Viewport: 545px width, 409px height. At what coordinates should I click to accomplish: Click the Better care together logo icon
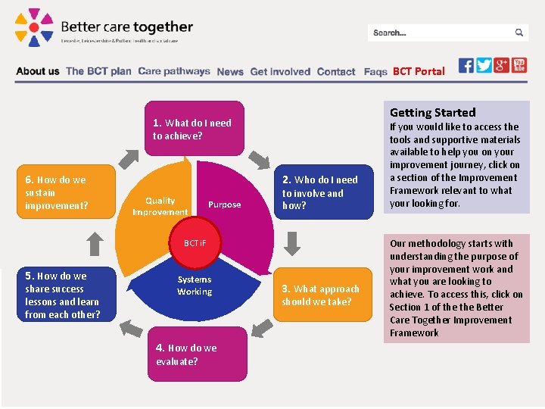point(34,27)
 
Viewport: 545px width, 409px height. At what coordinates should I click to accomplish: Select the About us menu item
point(37,71)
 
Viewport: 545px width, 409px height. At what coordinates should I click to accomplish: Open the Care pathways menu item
point(174,71)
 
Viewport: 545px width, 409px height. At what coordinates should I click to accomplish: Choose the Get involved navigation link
point(280,72)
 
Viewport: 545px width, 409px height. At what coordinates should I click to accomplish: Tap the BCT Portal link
point(419,71)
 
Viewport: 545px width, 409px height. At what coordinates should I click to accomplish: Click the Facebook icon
point(466,65)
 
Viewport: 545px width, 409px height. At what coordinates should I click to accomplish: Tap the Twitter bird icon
point(484,65)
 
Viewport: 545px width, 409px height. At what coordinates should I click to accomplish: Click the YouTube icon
point(519,65)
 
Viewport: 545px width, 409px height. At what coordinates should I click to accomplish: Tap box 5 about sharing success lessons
point(67,295)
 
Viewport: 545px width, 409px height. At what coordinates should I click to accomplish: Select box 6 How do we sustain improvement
point(67,192)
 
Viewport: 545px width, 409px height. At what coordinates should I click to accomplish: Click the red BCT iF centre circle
point(194,244)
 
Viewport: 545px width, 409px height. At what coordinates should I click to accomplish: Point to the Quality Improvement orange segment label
point(160,206)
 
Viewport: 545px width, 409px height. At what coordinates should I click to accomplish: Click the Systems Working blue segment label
point(195,286)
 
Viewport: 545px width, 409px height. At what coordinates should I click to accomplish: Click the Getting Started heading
point(433,112)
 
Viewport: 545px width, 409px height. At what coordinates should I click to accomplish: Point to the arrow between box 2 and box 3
point(293,243)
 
